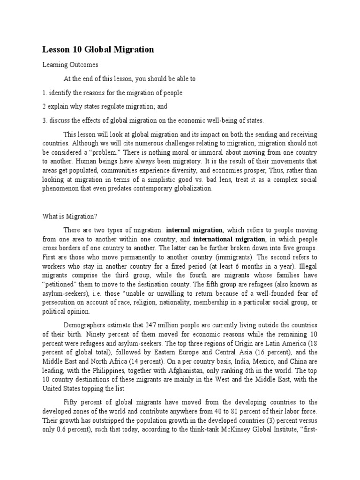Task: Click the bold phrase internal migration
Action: (x=194, y=230)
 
